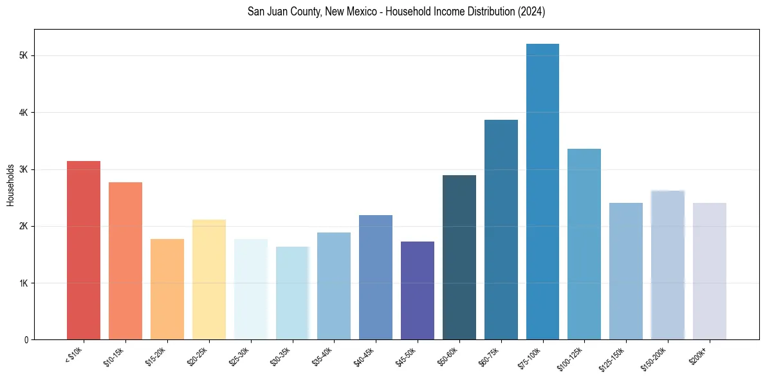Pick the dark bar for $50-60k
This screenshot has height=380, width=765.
click(459, 257)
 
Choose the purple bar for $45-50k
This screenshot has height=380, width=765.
click(418, 290)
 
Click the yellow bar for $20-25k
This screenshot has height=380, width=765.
click(209, 280)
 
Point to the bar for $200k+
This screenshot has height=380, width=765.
click(709, 271)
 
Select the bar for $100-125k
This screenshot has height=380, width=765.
click(584, 244)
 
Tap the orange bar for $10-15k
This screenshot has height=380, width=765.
click(125, 261)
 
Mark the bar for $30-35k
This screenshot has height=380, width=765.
click(292, 293)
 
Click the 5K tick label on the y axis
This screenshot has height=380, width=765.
click(23, 56)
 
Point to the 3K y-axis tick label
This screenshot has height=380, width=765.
click(23, 169)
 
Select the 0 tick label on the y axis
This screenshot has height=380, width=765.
click(26, 339)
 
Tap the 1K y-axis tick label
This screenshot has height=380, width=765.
click(23, 283)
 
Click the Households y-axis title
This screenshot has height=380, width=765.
click(10, 185)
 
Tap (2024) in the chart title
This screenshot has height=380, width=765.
click(532, 12)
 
